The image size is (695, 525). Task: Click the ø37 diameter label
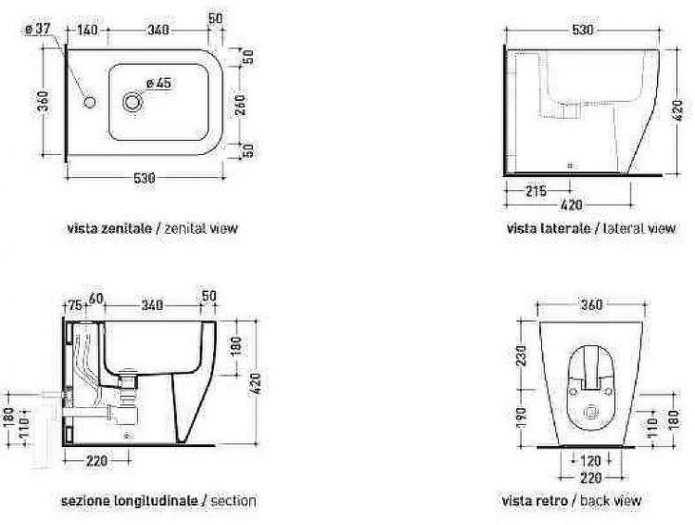(38, 29)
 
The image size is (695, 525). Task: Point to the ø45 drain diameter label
(158, 83)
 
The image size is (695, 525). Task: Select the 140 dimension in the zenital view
(87, 30)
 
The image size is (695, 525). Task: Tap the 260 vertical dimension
(240, 105)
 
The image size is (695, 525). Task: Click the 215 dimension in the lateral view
(536, 191)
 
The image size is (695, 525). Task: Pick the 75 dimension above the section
(75, 305)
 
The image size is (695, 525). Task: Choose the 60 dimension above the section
(96, 299)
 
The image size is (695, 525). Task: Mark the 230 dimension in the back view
(521, 355)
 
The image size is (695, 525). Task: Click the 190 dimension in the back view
(521, 417)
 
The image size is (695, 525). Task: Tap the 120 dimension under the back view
(590, 461)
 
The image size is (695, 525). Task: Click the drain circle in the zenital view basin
(132, 103)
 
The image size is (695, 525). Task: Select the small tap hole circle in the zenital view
(89, 103)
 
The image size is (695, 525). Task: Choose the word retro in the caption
(552, 501)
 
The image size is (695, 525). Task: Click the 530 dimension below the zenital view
(145, 178)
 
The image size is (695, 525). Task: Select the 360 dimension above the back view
(591, 305)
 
